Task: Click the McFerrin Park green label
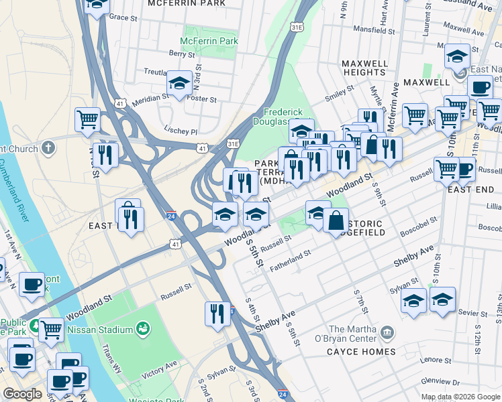pos(209,42)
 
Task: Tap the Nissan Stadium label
pos(103,330)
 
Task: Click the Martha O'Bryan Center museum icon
pos(387,332)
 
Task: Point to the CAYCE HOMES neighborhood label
pos(362,352)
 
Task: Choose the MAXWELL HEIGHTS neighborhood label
pos(364,67)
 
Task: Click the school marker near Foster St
pos(179,84)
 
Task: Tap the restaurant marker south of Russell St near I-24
pos(217,314)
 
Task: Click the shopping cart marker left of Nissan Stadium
pos(51,330)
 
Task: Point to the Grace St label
pos(122,17)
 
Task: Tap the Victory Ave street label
pos(159,367)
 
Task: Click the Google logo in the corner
pos(23,394)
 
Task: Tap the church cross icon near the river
pos(48,147)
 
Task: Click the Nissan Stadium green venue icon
pos(142,328)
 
